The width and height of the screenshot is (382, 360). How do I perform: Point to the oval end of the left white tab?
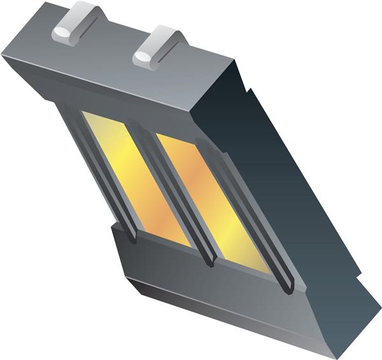point(62,32)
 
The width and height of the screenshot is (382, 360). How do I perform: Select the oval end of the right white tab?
point(143,57)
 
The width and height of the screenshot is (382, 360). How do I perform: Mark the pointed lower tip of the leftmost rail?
point(132,241)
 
